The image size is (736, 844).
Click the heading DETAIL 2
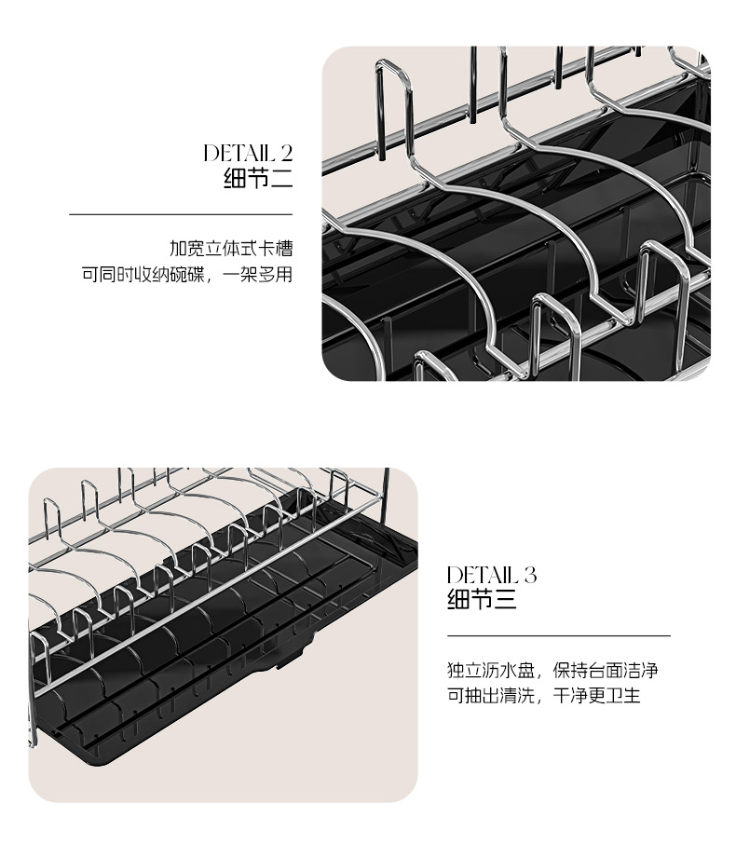pos(248,153)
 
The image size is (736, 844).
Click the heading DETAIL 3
pos(492,574)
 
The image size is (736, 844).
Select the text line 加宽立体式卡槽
pos(231,250)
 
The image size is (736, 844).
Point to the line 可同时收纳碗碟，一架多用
pos(187,275)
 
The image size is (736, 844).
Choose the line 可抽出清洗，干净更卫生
pos(544,696)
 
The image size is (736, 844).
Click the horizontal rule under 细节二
pos(181,214)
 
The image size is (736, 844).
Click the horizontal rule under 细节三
pos(559,635)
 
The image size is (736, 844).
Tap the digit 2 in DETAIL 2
pos(286,153)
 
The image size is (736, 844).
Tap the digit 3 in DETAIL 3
pos(530,574)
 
